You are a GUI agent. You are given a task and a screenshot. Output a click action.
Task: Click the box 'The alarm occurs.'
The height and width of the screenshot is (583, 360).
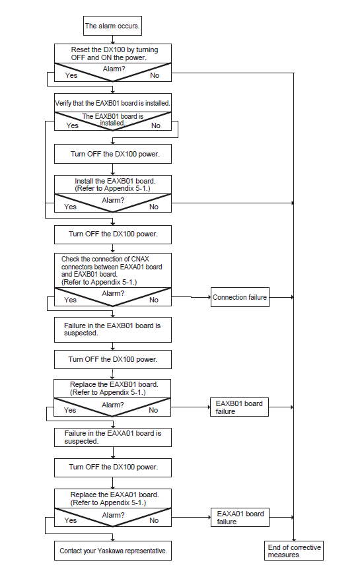click(112, 26)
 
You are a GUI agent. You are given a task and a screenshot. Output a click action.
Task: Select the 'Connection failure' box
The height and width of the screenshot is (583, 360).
click(240, 297)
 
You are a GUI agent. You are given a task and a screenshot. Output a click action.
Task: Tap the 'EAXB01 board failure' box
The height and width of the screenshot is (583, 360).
click(239, 407)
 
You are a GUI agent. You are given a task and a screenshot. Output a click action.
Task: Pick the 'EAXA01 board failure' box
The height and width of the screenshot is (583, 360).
click(240, 517)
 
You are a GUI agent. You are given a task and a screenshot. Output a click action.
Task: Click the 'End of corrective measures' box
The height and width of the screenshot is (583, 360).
click(294, 551)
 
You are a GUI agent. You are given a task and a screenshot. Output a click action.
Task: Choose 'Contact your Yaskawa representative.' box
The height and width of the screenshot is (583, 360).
click(113, 551)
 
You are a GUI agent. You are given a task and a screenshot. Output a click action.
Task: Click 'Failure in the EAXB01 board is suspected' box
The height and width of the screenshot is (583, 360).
click(113, 329)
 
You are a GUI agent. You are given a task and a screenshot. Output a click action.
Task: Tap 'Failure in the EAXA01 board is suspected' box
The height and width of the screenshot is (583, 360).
click(113, 437)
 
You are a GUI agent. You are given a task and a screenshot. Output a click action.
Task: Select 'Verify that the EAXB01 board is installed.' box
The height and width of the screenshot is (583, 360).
click(113, 103)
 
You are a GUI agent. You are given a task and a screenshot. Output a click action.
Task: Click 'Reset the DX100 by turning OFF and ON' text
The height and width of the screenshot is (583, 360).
click(114, 53)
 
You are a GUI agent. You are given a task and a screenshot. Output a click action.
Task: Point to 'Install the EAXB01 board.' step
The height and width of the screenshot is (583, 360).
click(113, 184)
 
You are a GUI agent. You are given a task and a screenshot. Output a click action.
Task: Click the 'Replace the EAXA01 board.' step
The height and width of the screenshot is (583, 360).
click(113, 498)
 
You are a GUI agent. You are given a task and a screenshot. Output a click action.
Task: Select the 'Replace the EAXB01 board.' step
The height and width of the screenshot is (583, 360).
click(112, 388)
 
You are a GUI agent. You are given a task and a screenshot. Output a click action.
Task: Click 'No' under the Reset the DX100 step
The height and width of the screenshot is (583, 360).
click(155, 75)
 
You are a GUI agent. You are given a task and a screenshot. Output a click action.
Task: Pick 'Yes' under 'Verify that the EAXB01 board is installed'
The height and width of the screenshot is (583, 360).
click(72, 125)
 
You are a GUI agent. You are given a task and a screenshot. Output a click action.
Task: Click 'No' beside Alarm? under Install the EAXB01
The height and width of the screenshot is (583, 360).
click(154, 207)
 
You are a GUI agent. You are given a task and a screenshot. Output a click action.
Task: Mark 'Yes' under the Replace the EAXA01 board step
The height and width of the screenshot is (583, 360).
click(70, 520)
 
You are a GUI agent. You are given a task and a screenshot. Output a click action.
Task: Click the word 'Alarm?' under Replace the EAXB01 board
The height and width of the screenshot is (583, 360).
click(113, 405)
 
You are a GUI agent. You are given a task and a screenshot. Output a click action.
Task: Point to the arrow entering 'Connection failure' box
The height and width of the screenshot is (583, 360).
click(191, 297)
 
